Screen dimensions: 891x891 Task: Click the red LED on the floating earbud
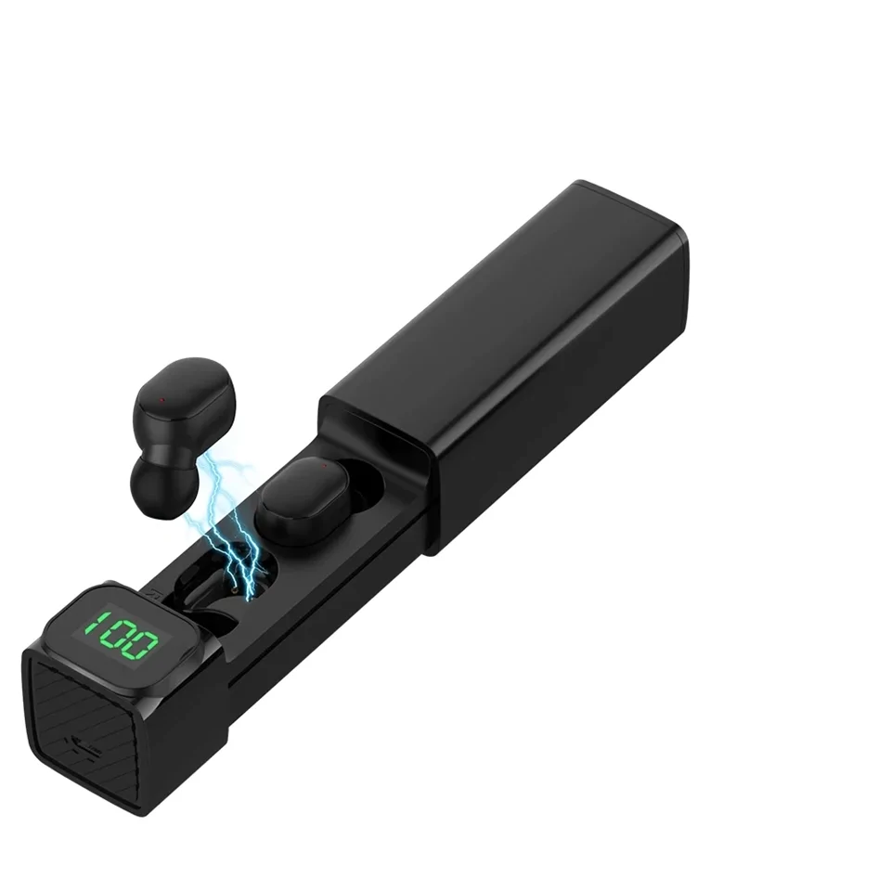point(161,400)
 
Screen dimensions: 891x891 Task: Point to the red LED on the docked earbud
point(323,466)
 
